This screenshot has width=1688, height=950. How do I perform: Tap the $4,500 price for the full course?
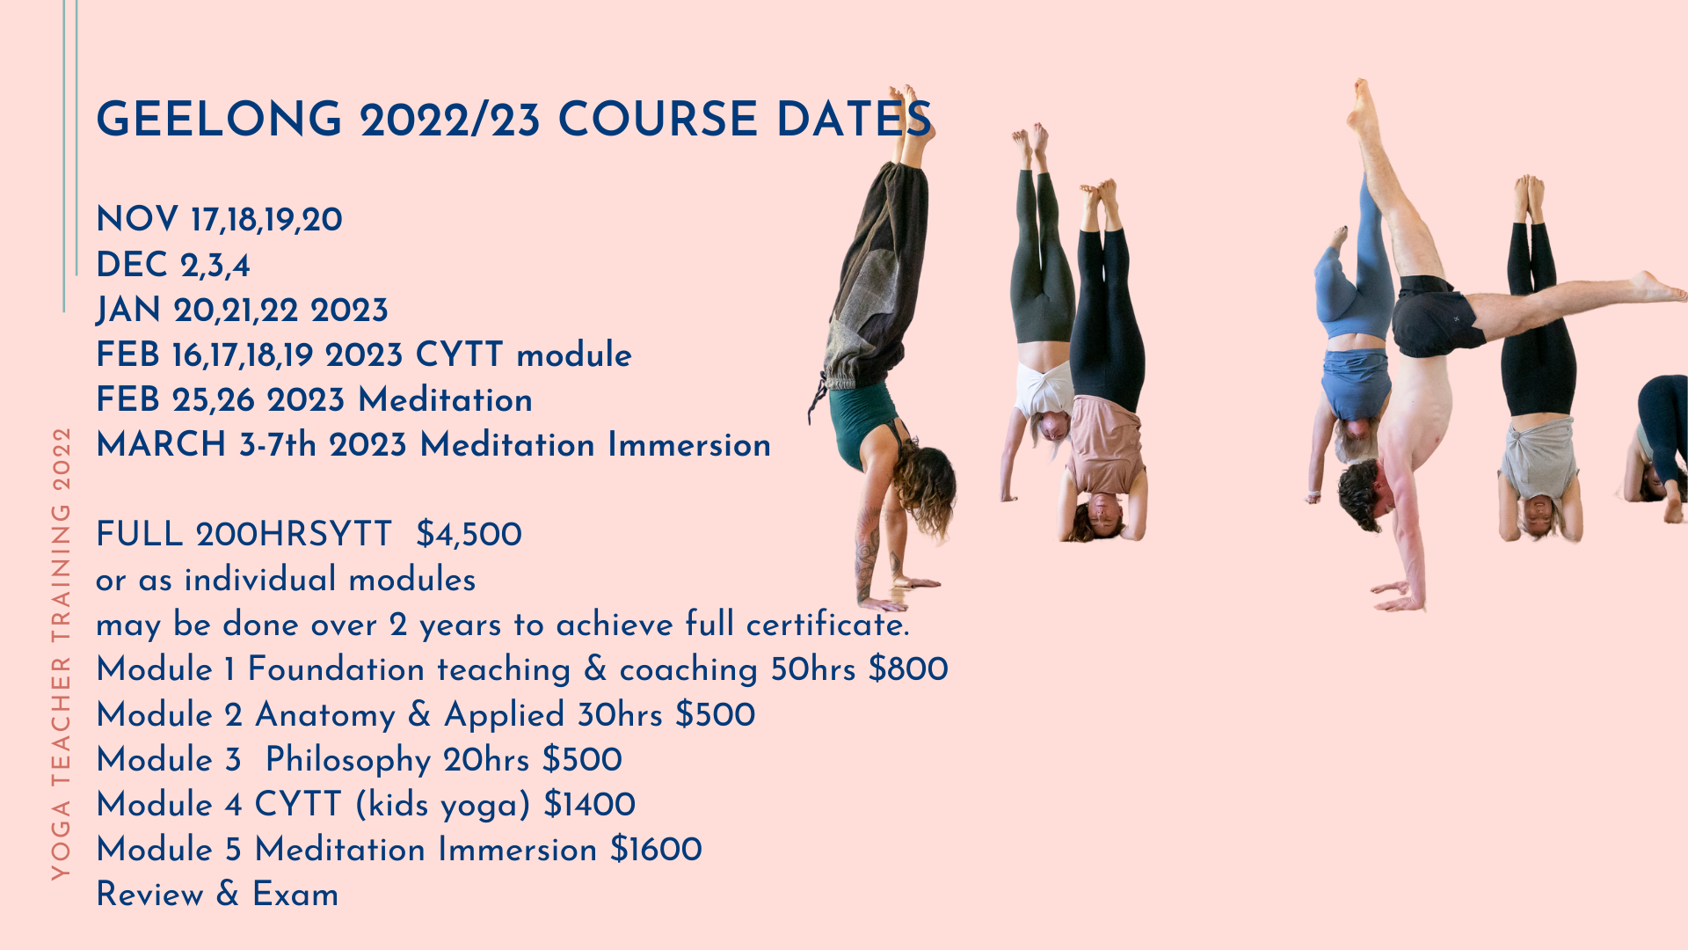point(469,535)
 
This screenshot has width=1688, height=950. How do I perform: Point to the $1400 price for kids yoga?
point(589,805)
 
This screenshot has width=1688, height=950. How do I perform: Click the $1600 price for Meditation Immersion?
point(656,850)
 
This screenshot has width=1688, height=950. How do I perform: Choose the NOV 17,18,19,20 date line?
point(219,220)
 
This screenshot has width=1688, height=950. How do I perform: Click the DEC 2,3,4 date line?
point(173,265)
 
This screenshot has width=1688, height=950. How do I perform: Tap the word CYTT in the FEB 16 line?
point(459,355)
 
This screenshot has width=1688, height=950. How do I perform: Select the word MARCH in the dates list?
point(162,445)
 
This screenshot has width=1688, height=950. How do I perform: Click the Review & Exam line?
point(217,895)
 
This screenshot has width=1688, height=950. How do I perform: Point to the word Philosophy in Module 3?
point(347,760)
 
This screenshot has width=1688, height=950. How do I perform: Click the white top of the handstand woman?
point(1043,387)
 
